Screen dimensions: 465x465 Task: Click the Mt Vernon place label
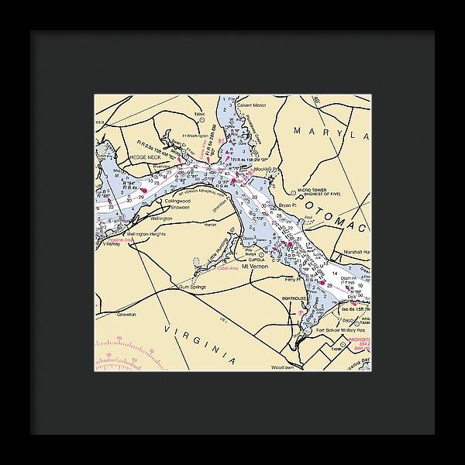point(255,267)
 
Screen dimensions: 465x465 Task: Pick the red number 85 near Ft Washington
point(221,141)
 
